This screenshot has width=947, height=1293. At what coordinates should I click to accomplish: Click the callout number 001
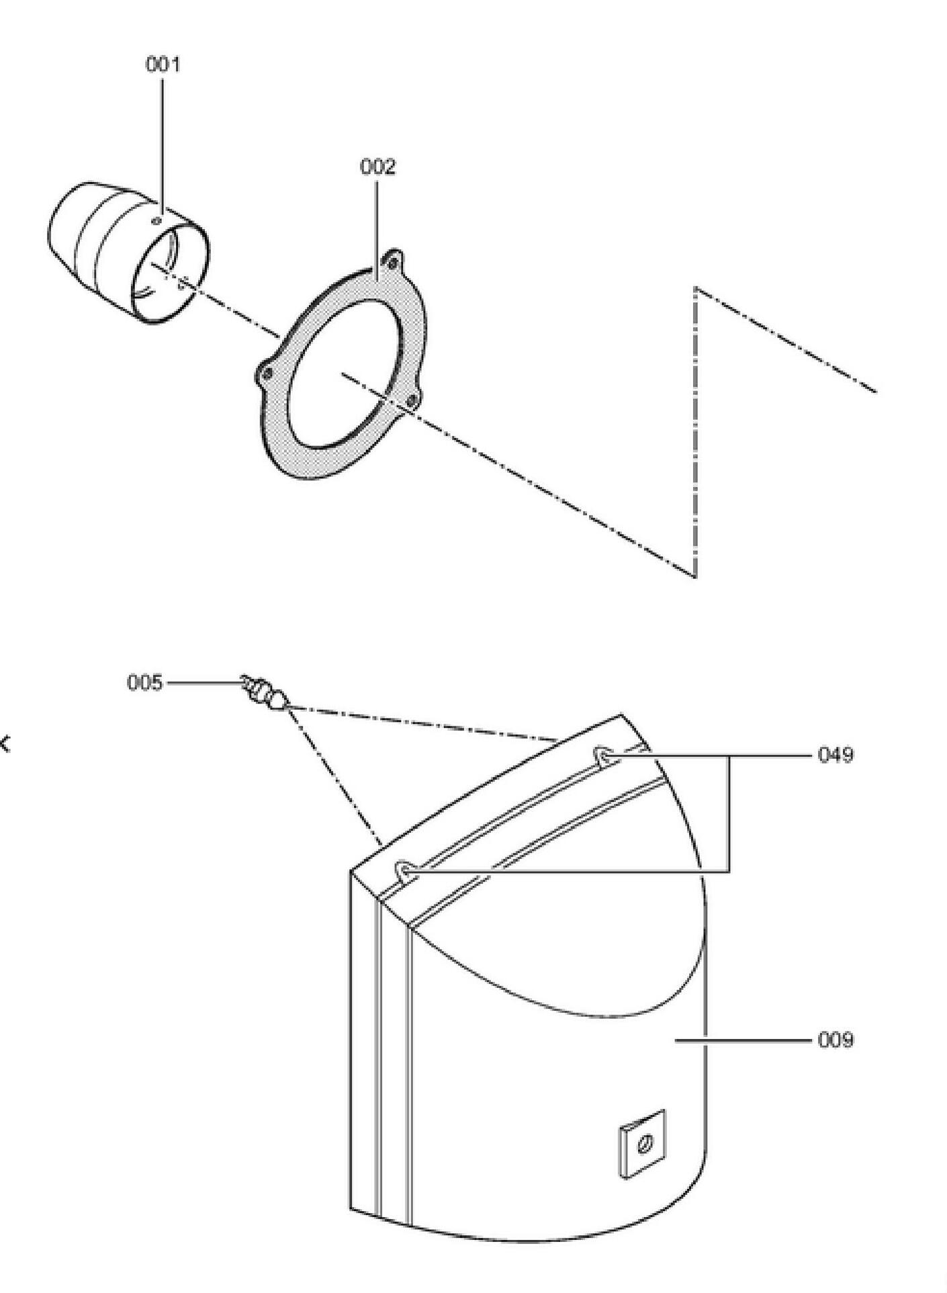(x=163, y=65)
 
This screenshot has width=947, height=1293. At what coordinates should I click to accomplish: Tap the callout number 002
(x=378, y=167)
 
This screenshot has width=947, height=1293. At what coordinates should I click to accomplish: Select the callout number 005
(x=145, y=683)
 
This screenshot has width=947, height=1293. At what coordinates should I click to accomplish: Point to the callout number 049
(x=836, y=755)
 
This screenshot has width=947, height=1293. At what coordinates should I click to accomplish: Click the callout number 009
(x=836, y=1041)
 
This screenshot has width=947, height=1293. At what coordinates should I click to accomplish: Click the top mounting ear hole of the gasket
(x=393, y=261)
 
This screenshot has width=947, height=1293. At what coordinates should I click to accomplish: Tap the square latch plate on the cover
(x=642, y=1144)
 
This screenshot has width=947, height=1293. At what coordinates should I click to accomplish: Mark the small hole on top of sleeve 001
(x=157, y=220)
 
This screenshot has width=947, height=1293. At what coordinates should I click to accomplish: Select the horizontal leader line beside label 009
(x=743, y=1040)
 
